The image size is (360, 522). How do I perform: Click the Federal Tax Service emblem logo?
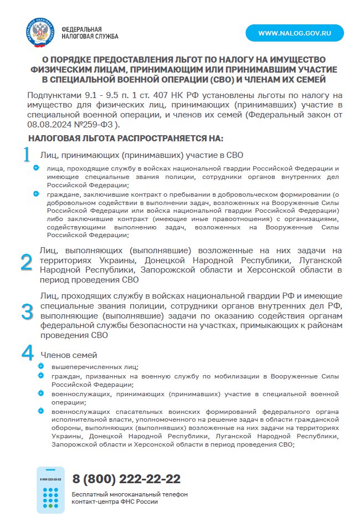[40, 33]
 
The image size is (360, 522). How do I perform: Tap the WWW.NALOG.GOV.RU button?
[295, 33]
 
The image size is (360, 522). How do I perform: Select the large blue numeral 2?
[27, 262]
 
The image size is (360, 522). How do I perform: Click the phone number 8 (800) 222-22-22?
[126, 479]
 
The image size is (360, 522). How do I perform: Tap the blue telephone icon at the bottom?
[50, 489]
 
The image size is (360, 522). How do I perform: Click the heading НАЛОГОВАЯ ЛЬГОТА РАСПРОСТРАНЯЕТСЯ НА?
[118, 138]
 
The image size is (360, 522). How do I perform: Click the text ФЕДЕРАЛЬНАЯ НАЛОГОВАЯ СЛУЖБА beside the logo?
[90, 33]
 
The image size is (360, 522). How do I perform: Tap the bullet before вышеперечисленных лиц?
[40, 366]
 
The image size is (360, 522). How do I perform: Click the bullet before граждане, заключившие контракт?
[37, 193]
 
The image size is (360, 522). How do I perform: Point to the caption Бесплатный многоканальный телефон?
[130, 494]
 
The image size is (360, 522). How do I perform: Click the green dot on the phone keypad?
[50, 506]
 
